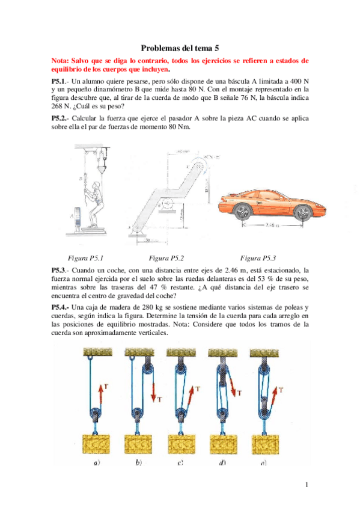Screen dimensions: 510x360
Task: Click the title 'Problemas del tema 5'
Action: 180,48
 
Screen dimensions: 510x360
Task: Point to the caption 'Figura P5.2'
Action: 166,257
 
